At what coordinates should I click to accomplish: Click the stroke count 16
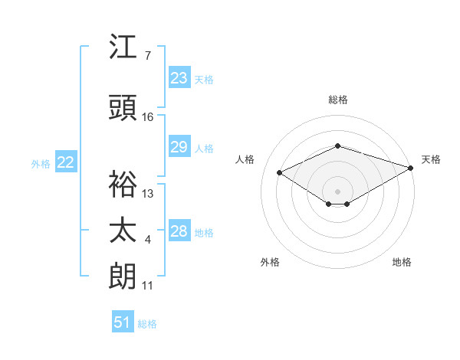pyautogui.click(x=148, y=116)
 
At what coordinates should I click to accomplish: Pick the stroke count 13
pyautogui.click(x=148, y=193)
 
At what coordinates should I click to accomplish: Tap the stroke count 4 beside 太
pyautogui.click(x=148, y=240)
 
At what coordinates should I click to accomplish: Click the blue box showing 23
pyautogui.click(x=179, y=78)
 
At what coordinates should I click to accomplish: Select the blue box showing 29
pyautogui.click(x=179, y=147)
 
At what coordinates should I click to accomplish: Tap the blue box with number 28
pyautogui.click(x=179, y=231)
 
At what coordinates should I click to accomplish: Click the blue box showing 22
pyautogui.click(x=66, y=162)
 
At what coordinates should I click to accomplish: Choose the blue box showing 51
pyautogui.click(x=123, y=322)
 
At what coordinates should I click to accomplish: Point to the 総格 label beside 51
pyautogui.click(x=147, y=324)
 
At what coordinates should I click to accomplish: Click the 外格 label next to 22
pyautogui.click(x=41, y=163)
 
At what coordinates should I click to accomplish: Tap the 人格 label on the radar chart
pyautogui.click(x=245, y=159)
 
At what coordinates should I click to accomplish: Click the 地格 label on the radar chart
pyautogui.click(x=402, y=262)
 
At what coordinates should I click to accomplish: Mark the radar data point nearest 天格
pyautogui.click(x=412, y=168)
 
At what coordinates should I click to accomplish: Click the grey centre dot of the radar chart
pyautogui.click(x=337, y=190)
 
